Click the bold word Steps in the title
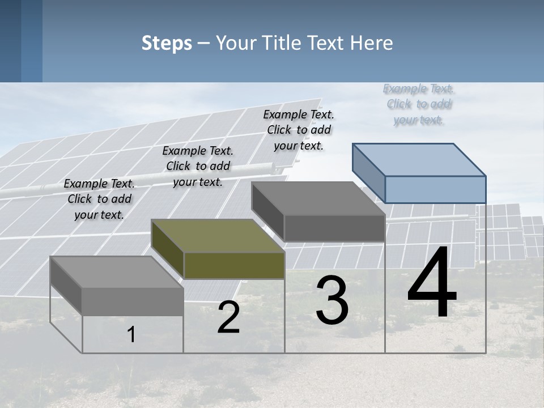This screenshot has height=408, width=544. (167, 43)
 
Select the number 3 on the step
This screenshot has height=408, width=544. (332, 300)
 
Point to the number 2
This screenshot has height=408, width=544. (228, 317)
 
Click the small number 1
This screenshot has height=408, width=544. (131, 334)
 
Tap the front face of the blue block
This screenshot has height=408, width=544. (435, 189)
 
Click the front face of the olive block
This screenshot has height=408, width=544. (234, 265)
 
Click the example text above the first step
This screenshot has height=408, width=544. (99, 199)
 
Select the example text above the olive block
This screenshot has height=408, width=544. (198, 166)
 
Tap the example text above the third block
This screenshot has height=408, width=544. (299, 130)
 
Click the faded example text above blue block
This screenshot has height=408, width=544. (419, 104)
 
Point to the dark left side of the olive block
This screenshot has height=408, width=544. (167, 249)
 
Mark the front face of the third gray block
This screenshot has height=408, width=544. (334, 228)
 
